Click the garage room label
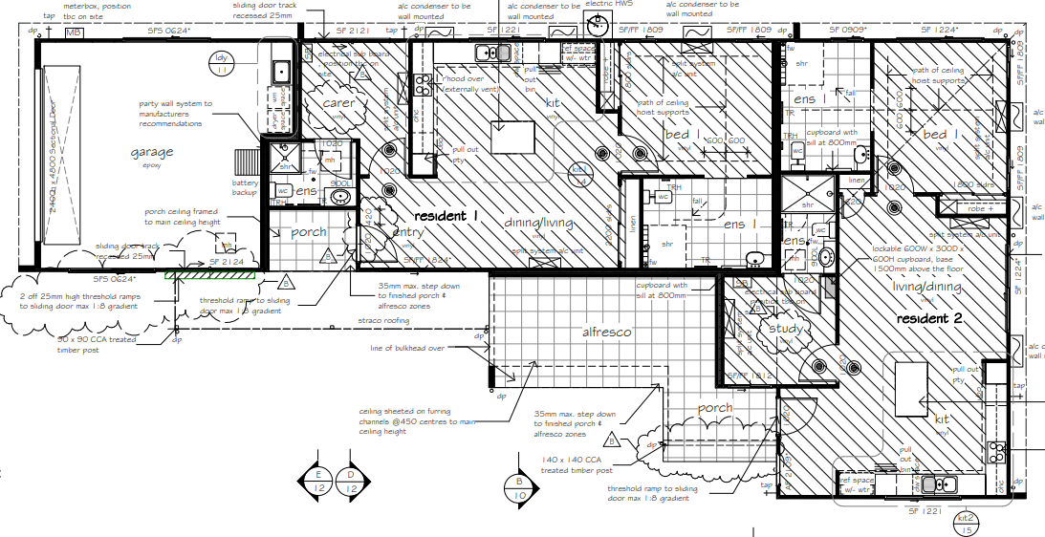coord(153,152)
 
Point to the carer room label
coord(337,103)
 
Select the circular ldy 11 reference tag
coord(221,63)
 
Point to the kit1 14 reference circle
coord(579,174)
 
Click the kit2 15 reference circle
coord(968,522)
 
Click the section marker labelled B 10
coord(520,488)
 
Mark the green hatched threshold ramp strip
coord(209,275)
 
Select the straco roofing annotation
coord(382,321)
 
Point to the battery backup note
coord(245,187)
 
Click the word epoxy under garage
coord(153,165)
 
